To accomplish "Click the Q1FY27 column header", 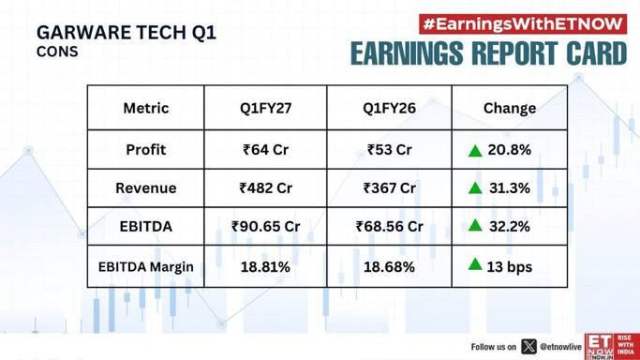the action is tap(266, 108).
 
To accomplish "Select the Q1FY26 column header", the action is tap(390, 108).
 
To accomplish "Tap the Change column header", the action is tap(510, 108).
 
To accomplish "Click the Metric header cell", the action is tap(146, 108).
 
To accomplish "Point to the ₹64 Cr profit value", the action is tap(266, 150).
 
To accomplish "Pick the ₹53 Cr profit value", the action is tap(390, 150).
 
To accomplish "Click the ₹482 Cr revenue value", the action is tap(266, 188).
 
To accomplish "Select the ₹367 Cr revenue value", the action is tap(390, 188).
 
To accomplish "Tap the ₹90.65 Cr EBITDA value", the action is tap(266, 227).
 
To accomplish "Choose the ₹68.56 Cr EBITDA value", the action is tap(390, 227).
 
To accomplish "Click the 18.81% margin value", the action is tap(265, 267).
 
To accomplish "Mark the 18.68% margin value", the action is tap(390, 267).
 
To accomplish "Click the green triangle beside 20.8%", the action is tap(475, 151).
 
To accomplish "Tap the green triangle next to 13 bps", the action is tap(475, 264).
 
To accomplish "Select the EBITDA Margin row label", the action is tap(146, 267).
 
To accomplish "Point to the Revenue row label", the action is tap(146, 188).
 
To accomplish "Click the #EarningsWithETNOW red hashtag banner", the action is tap(523, 24).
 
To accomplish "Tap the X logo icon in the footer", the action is tap(529, 347).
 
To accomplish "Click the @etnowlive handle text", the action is tap(560, 347).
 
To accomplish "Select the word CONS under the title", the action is tap(57, 52).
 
